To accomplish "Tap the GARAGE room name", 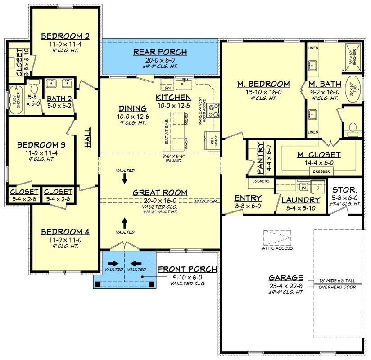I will (x=286, y=278).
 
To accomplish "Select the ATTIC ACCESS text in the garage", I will (x=278, y=248).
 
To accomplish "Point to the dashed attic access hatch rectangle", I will (x=278, y=237).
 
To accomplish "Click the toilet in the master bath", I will (x=353, y=128).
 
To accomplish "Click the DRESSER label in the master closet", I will (x=318, y=171).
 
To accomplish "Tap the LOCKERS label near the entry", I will (x=261, y=181).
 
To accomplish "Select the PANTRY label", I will (x=260, y=158).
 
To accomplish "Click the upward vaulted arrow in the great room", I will (x=125, y=222).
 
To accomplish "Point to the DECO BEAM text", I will (x=207, y=201).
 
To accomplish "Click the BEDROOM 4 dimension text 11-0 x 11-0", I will (x=65, y=240).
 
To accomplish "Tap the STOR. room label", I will (x=345, y=190).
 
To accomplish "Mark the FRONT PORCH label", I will (x=187, y=269).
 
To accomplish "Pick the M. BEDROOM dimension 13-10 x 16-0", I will (x=263, y=92).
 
